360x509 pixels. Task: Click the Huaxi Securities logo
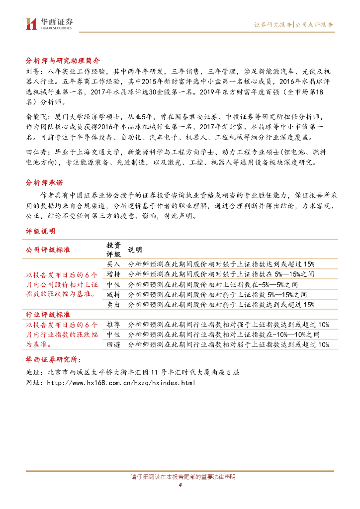[49, 23]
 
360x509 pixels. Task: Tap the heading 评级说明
[40, 231]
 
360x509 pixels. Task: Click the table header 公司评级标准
[48, 250]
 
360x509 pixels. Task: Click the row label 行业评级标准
[48, 315]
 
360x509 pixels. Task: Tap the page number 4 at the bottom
[180, 485]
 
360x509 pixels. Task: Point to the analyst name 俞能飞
[35, 116]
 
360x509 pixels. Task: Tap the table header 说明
[135, 250]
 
